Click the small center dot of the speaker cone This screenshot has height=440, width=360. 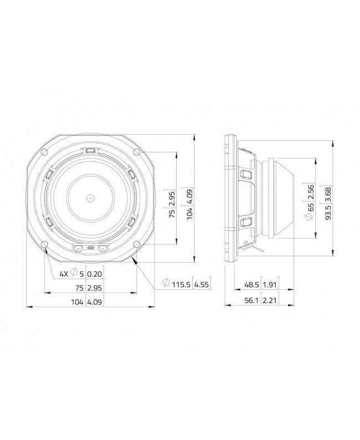[x=90, y=197]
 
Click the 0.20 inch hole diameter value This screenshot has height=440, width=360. [x=95, y=274]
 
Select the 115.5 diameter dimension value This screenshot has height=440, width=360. [x=181, y=284]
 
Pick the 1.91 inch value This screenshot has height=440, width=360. [x=270, y=285]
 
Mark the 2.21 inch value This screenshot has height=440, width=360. [x=270, y=302]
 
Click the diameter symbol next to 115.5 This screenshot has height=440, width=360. [x=166, y=284]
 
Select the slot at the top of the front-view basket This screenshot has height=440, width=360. [x=90, y=150]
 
